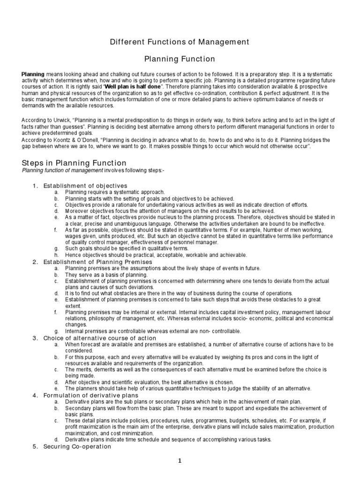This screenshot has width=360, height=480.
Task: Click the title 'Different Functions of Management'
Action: (x=180, y=42)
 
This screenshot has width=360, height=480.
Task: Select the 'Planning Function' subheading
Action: (x=180, y=59)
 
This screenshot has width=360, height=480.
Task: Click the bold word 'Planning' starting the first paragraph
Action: (x=33, y=74)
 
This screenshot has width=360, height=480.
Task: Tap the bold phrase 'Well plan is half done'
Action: (x=133, y=87)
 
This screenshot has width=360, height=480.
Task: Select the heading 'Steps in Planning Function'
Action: (x=74, y=163)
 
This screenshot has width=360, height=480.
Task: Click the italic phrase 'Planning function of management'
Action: (x=63, y=170)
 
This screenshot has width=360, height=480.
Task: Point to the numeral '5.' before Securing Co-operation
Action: (x=35, y=446)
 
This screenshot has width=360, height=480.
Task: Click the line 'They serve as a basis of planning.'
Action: (x=106, y=274)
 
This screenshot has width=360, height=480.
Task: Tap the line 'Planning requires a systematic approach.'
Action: (x=115, y=192)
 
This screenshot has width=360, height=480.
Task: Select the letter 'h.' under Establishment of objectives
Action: (x=56, y=255)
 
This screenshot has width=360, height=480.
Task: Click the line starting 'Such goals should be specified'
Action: (x=120, y=248)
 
